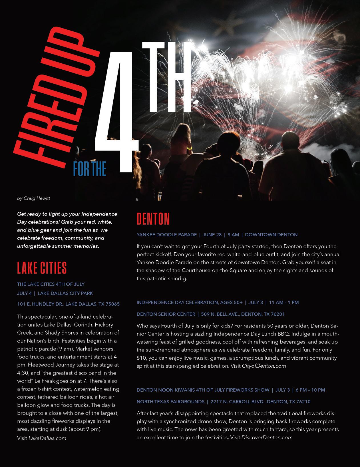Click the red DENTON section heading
pos(153,219)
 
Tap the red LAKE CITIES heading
pos(42,268)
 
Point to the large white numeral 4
pos(117,114)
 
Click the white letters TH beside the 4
pos(166,77)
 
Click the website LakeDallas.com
pos(47,438)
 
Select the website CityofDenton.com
pos(264,366)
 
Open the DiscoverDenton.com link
pos(267,437)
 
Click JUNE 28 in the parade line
pos(212,235)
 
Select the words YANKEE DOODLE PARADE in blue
pos(167,235)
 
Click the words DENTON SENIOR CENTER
pos(166,314)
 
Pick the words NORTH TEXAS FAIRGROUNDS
pos(170,402)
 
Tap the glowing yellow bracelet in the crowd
pos(189,148)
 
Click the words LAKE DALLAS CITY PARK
pos(65,293)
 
